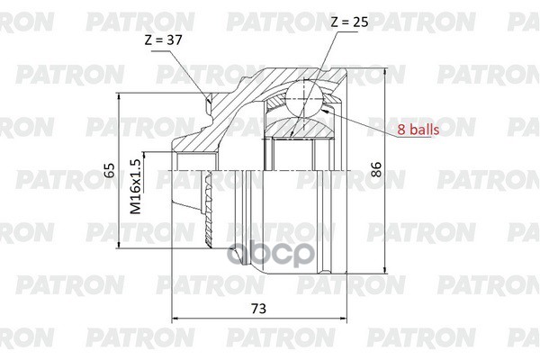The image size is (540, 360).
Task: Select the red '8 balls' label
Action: click(x=418, y=130)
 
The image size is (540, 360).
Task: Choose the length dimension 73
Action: click(x=257, y=309)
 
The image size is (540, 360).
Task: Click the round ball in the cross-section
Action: click(x=305, y=96)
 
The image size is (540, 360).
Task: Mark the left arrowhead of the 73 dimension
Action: click(x=175, y=319)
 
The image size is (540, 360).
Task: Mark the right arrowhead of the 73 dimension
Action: click(x=345, y=319)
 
